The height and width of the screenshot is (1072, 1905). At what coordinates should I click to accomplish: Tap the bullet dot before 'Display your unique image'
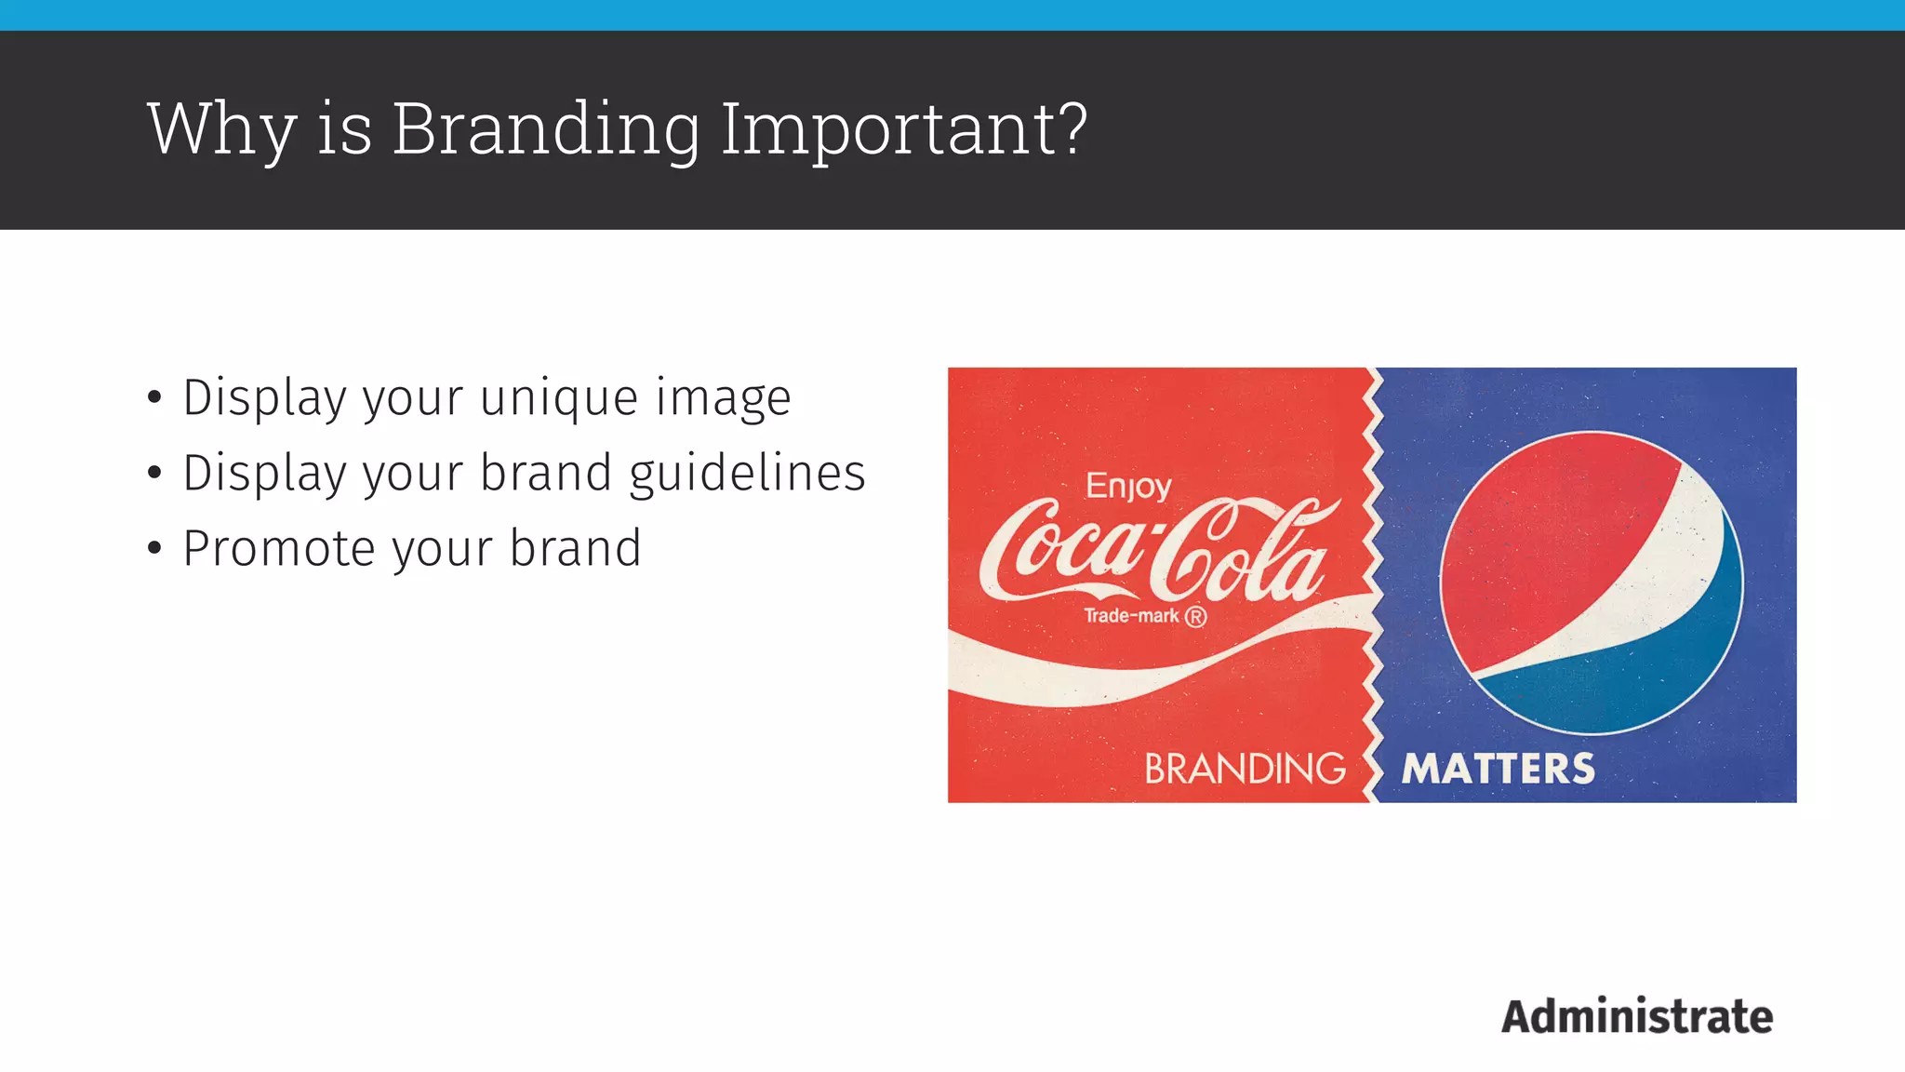coord(154,398)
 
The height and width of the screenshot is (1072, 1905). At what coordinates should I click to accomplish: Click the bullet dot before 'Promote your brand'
coord(154,549)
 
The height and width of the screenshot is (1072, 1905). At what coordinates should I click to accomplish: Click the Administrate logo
coord(1637,1016)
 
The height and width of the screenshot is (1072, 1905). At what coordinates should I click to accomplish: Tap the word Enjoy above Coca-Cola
coord(1128,486)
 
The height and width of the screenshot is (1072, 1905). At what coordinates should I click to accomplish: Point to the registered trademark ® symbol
coord(1195,617)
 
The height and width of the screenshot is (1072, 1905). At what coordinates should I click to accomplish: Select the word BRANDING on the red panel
coord(1245,770)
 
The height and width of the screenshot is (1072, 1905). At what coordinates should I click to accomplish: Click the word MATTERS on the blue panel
coord(1498,770)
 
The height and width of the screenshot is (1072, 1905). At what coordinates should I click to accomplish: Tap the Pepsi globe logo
coord(1591,583)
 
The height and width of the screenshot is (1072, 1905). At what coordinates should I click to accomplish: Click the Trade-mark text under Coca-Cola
coord(1131,616)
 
